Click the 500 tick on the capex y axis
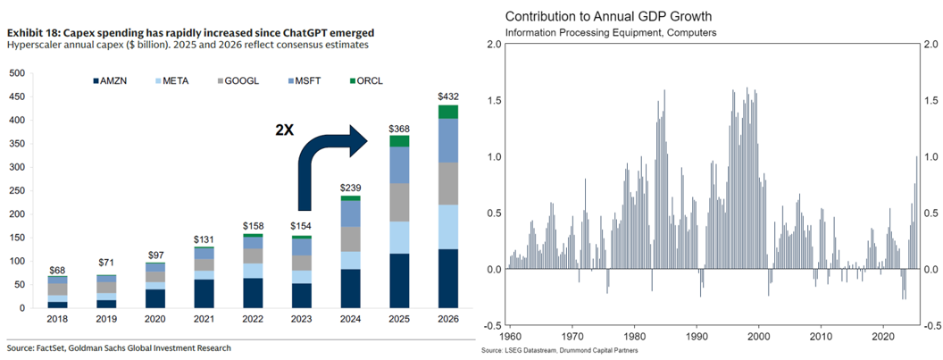[x=18, y=73]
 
